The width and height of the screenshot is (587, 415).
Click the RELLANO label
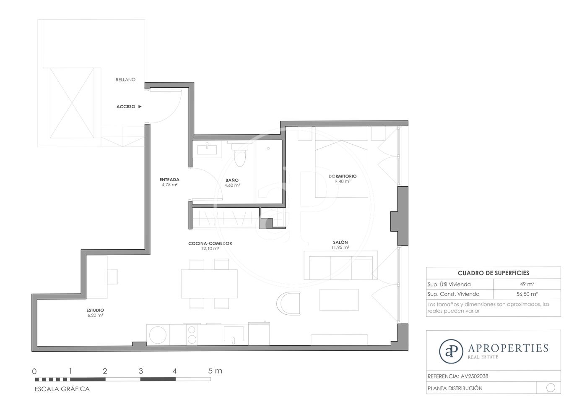(125, 79)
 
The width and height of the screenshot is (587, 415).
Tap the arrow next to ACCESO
(140, 107)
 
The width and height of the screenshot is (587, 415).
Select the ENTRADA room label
(169, 180)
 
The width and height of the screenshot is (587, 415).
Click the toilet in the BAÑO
(239, 155)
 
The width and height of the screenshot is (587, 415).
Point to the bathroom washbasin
(207, 149)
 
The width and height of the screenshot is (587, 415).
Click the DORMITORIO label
(343, 176)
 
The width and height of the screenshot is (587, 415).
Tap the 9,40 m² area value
(343, 181)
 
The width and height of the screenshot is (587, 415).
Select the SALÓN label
(340, 243)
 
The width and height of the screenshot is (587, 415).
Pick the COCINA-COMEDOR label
(210, 243)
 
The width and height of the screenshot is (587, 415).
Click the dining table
(209, 284)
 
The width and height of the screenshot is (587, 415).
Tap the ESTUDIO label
(95, 311)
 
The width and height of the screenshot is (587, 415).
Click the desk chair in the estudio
(112, 277)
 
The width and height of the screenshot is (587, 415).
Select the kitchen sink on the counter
(234, 334)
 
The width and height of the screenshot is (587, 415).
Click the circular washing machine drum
(158, 335)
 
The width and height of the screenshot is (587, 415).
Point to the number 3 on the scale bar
(141, 371)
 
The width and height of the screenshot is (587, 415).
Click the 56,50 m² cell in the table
(527, 294)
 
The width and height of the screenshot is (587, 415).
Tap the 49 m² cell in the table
(527, 284)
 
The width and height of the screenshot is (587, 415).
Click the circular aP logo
(451, 351)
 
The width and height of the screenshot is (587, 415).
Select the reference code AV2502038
(475, 376)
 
